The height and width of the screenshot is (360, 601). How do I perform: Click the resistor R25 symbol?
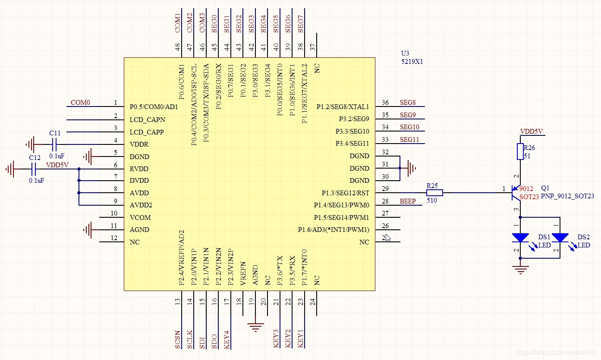coord(434,193)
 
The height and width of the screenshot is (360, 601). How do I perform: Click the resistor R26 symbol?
coord(520,151)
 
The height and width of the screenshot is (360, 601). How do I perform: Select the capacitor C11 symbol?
coord(54,144)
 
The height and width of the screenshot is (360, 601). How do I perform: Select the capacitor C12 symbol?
coord(34,169)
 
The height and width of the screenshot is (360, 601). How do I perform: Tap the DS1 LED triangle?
coord(520,238)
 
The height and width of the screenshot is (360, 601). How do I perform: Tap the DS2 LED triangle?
coord(560,238)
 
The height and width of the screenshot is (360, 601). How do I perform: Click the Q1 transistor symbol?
coord(516,193)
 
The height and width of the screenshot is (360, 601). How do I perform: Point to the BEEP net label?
coord(408,201)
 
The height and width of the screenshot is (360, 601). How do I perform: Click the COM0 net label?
coord(80,103)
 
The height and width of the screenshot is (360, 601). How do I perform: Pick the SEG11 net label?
coord(409,140)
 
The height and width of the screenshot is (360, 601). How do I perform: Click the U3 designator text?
coord(405,53)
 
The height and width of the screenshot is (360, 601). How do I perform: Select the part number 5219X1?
coord(412,62)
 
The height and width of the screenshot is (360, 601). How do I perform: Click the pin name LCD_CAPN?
coord(147,119)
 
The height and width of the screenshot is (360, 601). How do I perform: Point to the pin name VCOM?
coord(140,217)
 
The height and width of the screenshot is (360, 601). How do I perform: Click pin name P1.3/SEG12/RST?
coord(345,193)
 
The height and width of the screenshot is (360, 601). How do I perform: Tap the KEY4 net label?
coord(227,339)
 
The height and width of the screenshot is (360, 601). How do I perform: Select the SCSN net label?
coord(178,339)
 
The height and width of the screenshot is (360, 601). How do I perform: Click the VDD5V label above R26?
coord(531,131)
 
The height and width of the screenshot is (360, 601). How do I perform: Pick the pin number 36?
coord(385,103)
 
